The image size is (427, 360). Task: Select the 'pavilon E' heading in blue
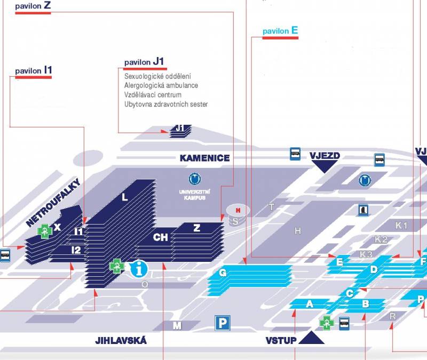(280, 31)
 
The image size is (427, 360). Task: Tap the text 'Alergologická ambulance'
(161, 85)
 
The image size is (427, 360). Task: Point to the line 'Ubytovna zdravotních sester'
(166, 104)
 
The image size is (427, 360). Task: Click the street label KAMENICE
(204, 158)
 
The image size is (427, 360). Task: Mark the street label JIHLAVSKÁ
(121, 340)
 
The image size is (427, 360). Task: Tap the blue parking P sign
(223, 323)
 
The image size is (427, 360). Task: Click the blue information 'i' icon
(140, 268)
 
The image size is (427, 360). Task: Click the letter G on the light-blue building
(223, 273)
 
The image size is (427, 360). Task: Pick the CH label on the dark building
(161, 237)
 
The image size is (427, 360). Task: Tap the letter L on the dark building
(125, 197)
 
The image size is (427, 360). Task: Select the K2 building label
(381, 239)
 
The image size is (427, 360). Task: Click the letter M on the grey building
(178, 325)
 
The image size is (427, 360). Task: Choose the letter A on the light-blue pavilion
(309, 304)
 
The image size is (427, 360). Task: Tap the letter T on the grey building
(271, 207)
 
